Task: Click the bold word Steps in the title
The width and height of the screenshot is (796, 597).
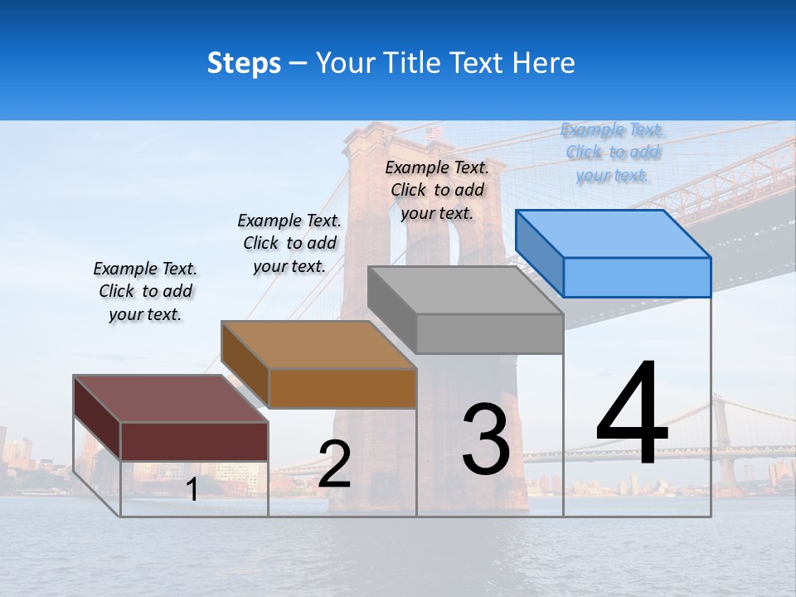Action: coord(244,63)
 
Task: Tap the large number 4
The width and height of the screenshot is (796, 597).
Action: coord(632,415)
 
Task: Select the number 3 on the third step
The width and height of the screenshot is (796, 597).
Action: coord(486,439)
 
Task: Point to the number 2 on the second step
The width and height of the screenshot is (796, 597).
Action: coord(334,464)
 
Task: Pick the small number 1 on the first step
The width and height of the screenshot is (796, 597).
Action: coord(192,490)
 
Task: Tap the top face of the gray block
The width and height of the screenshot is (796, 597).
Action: coord(464,290)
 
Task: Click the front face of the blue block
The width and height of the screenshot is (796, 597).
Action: coord(637,277)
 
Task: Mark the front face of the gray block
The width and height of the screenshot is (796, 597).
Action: coord(489,334)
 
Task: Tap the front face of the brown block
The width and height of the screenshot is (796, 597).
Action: coord(342,388)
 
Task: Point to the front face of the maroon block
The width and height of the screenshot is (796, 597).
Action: coord(194,441)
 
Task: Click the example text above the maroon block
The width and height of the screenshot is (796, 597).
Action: coord(145,291)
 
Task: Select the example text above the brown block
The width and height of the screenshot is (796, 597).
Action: coord(289,243)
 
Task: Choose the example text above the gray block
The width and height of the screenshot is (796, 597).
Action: coord(437,190)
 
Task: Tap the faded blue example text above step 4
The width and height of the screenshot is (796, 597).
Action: coord(613,153)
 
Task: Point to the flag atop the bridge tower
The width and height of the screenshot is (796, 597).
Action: coord(434,133)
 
